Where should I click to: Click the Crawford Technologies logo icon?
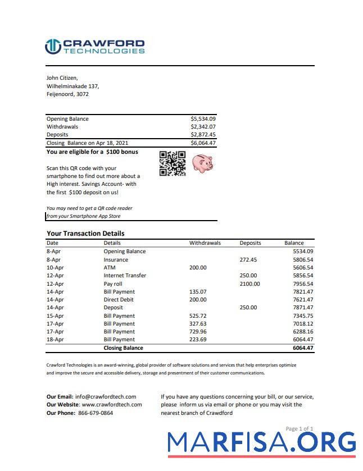pos(53,47)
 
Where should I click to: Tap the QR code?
pos(173,164)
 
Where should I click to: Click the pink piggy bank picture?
pos(202,163)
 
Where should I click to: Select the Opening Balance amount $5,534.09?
pos(203,119)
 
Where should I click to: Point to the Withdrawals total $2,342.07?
pos(203,127)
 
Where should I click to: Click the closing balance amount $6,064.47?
pos(203,143)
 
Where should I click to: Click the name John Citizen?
pos(62,78)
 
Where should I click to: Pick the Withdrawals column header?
pos(205,243)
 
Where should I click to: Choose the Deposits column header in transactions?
pos(250,243)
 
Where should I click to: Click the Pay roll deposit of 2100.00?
pos(249,284)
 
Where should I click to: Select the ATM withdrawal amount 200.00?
pos(198,268)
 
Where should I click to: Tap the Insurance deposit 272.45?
pos(248,260)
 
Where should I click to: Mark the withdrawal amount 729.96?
pos(198,332)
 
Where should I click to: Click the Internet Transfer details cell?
pos(125,276)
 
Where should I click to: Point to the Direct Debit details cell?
pos(119,300)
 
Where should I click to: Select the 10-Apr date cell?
pos(54,268)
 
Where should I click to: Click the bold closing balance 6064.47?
pos(303,348)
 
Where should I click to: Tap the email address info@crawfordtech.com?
pos(105,396)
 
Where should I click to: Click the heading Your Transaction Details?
pos(85,234)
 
